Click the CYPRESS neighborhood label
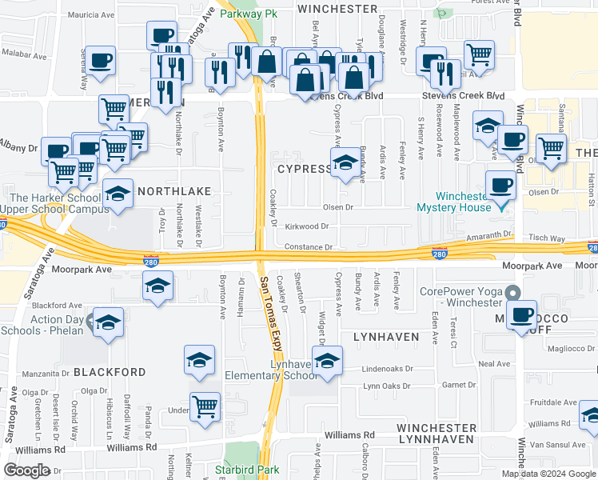tap(304, 169)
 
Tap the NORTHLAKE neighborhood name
tap(173, 191)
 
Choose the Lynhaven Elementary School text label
tap(272, 370)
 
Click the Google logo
tap(26, 470)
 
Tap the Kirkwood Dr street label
tap(308, 226)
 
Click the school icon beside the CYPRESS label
tap(345, 162)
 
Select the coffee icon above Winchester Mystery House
tap(501, 185)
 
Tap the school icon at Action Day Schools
tap(108, 322)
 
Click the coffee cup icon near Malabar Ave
tap(102, 60)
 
